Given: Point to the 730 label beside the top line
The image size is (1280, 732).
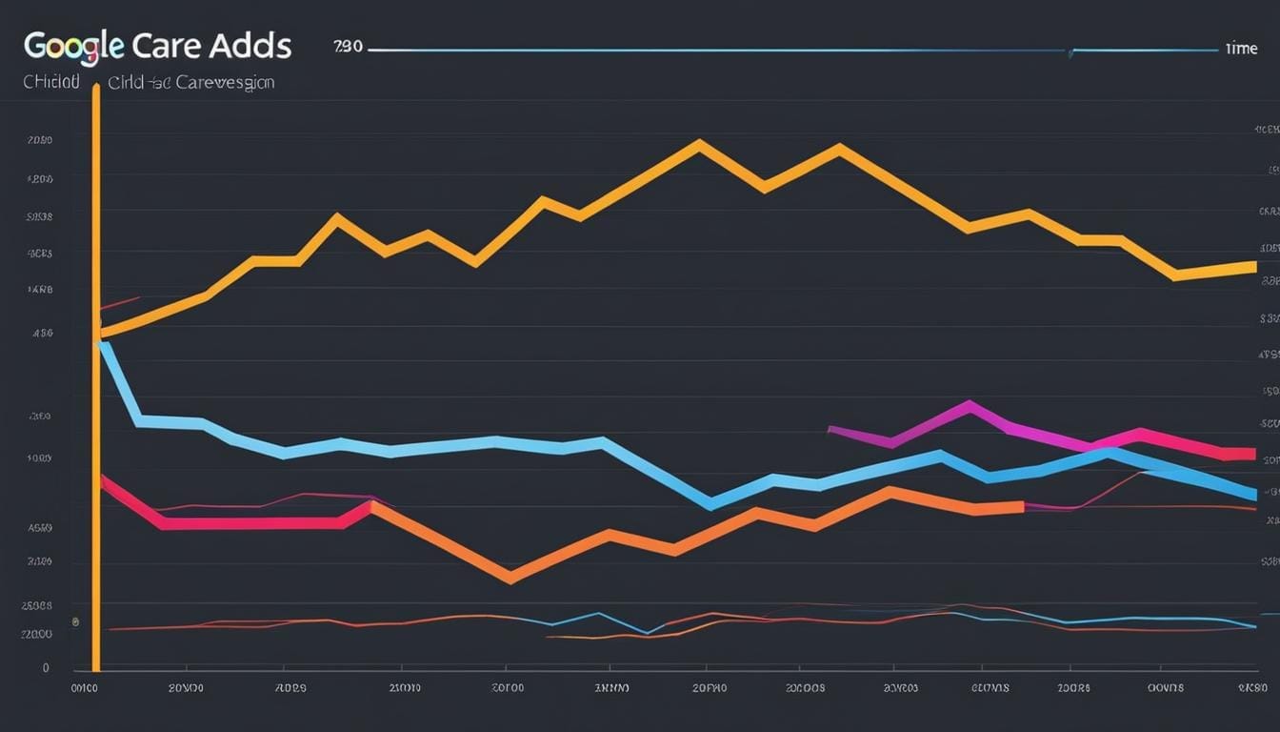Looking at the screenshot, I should pyautogui.click(x=348, y=47).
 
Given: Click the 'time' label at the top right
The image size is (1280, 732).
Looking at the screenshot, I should pyautogui.click(x=1241, y=48).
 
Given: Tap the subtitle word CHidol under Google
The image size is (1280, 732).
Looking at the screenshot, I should pyautogui.click(x=50, y=83).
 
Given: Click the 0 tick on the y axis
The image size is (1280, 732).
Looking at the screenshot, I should pyautogui.click(x=46, y=668).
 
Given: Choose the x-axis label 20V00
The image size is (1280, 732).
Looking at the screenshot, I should pyautogui.click(x=186, y=686).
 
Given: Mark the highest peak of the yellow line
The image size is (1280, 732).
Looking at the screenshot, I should pyautogui.click(x=700, y=146).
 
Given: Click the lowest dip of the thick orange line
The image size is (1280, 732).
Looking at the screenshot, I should pyautogui.click(x=510, y=577).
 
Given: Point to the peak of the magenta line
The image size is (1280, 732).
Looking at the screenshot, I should pyautogui.click(x=969, y=406).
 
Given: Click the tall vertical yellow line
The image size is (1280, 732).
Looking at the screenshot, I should pyautogui.click(x=96, y=381).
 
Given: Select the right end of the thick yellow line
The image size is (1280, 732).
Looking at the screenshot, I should pyautogui.click(x=1253, y=267).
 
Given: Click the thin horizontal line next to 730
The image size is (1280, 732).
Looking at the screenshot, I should pyautogui.click(x=714, y=49).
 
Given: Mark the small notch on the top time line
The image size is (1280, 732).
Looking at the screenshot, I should pyautogui.click(x=1071, y=52).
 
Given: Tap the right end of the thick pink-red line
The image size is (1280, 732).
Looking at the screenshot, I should pyautogui.click(x=1251, y=454).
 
